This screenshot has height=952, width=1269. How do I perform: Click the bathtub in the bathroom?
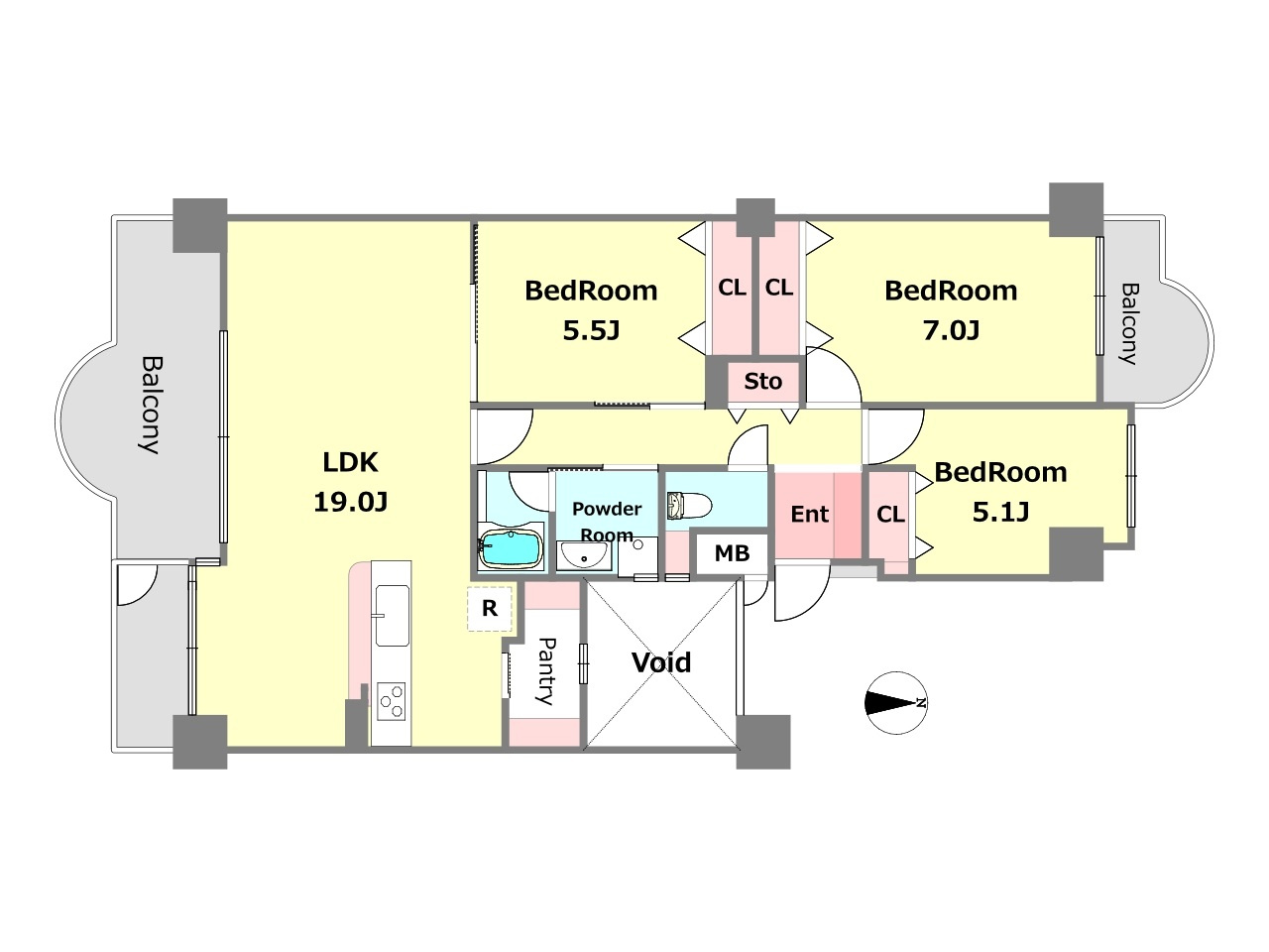[511, 549]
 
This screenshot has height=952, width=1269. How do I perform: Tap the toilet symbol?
[689, 506]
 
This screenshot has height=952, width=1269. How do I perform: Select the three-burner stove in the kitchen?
[391, 701]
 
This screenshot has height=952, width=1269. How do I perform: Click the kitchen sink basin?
[393, 615]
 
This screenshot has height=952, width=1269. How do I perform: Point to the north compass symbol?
[896, 703]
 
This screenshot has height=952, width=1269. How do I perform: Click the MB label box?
[732, 553]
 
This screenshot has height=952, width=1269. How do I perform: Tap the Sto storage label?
[763, 382]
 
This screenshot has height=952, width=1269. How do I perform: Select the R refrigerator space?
[490, 609]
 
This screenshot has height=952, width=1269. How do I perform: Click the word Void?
[661, 662]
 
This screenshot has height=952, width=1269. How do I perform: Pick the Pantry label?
[545, 671]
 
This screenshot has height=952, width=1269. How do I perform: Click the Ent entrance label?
[809, 514]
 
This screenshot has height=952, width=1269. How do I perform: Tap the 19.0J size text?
[350, 502]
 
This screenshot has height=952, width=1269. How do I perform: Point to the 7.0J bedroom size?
[951, 330]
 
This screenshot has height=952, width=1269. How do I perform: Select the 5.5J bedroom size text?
[592, 330]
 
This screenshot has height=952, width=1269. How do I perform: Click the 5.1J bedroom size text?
[1000, 512]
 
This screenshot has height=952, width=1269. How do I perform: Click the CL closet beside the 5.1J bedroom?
[890, 515]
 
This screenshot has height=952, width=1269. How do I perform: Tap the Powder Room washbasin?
[583, 556]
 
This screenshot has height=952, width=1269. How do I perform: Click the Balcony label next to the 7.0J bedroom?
[1129, 323]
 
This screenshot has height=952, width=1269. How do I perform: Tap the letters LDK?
[350, 462]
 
